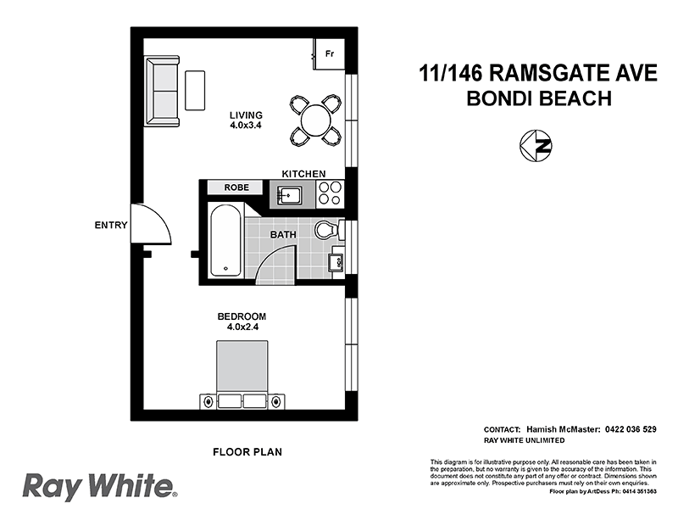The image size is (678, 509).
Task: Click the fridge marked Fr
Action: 329,53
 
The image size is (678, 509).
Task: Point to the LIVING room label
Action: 246,115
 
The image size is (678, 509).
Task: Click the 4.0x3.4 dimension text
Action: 246,126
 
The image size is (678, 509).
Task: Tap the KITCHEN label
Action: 303,174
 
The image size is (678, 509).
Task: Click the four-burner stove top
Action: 330,194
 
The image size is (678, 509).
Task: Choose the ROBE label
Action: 236,187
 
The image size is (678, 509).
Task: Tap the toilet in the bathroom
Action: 326,230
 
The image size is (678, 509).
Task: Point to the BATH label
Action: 282,234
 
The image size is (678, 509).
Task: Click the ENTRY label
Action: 111,226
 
